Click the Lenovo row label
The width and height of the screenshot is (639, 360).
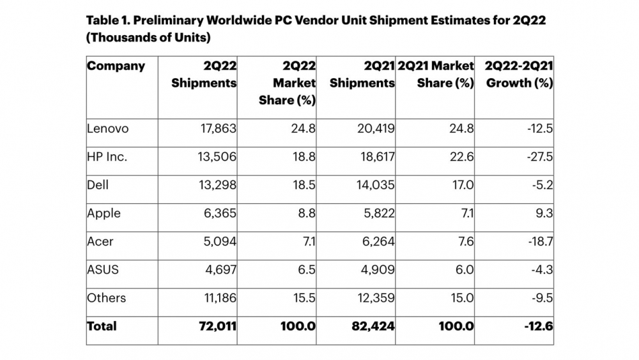[x=107, y=129]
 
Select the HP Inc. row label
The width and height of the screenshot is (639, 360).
[x=107, y=157]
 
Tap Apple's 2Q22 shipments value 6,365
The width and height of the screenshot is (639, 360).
[x=218, y=213]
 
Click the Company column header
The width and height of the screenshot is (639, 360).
[x=116, y=66]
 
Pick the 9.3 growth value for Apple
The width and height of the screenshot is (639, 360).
[x=544, y=213]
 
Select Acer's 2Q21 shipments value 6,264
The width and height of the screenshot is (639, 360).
[x=376, y=241]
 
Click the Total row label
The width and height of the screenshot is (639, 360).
[x=102, y=326]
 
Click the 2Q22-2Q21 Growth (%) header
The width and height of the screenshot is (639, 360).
[x=519, y=74]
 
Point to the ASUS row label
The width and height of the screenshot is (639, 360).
[x=103, y=269]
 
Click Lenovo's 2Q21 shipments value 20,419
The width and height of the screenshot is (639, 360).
[x=374, y=129]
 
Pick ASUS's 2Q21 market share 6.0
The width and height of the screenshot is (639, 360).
[x=462, y=269]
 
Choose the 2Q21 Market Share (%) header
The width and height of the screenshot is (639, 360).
[x=435, y=74]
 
